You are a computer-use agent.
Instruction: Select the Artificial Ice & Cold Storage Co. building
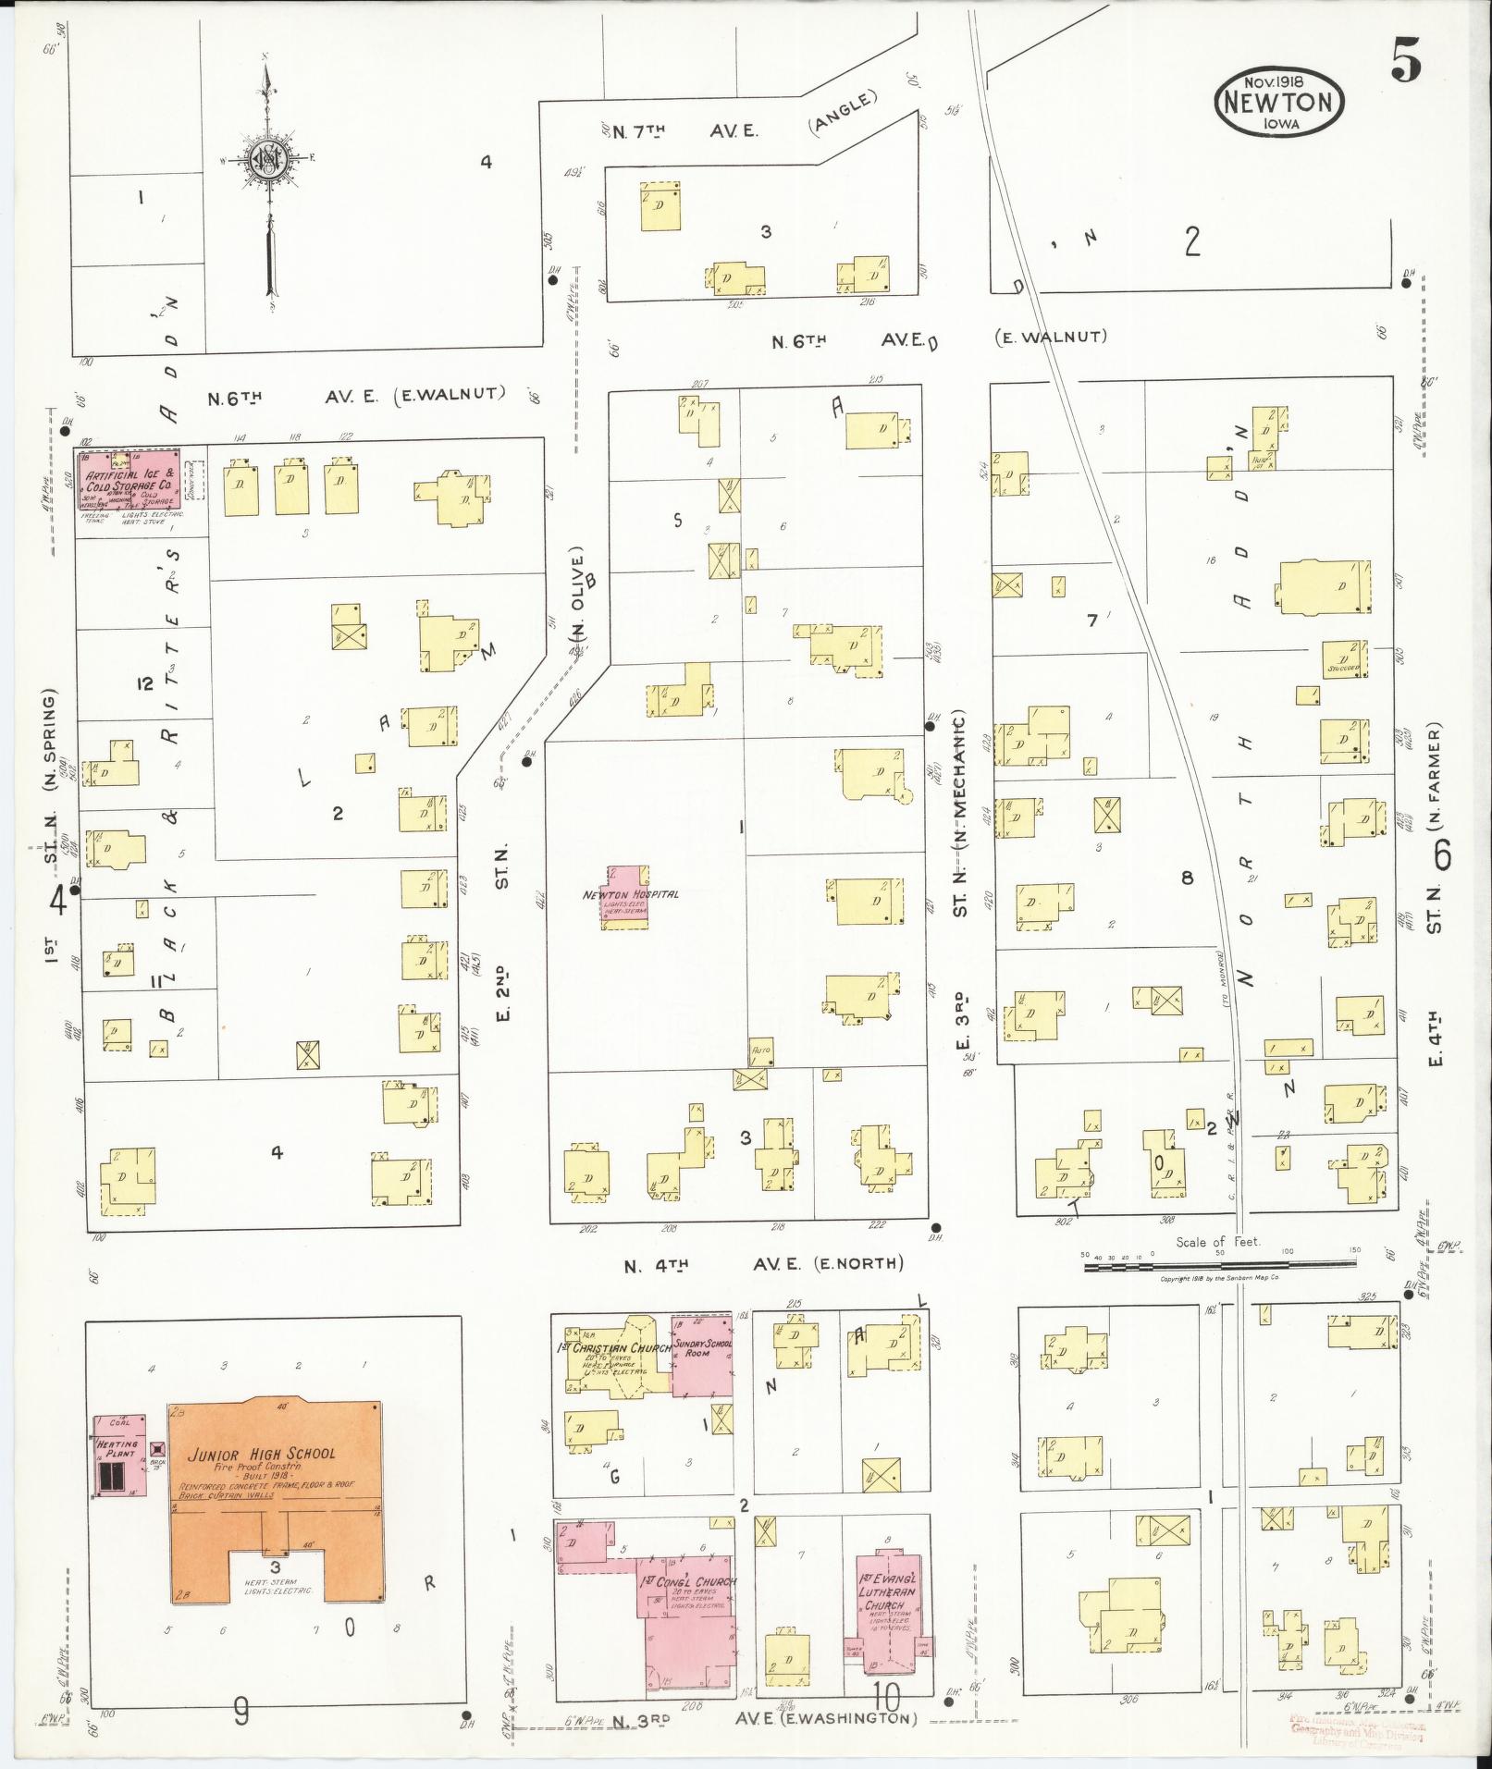[128, 480]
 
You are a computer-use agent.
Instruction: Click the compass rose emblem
[267, 161]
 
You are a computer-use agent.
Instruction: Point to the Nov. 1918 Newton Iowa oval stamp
[1279, 101]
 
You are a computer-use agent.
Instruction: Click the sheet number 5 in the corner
[1404, 63]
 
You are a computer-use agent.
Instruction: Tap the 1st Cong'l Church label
[688, 1582]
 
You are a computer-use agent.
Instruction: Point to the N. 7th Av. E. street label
[673, 132]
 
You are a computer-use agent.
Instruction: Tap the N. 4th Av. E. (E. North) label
[764, 1263]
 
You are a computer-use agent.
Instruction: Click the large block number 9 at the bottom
[240, 1713]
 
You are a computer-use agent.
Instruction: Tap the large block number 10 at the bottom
[885, 1698]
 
